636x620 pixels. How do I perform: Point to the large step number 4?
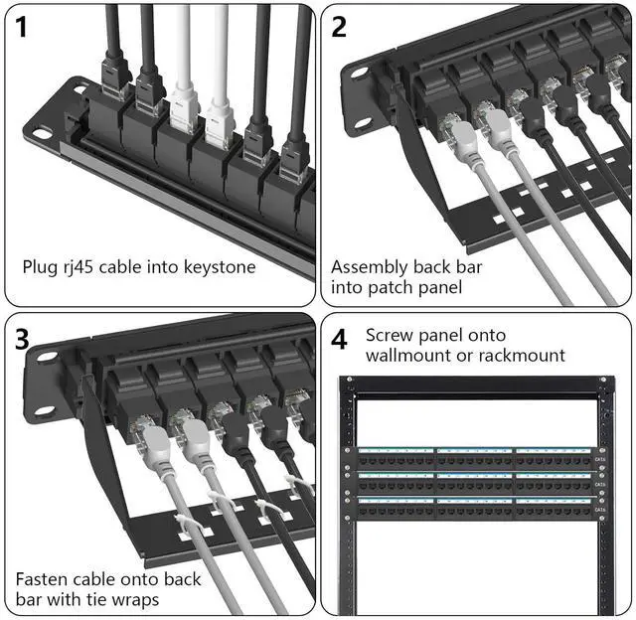point(340,340)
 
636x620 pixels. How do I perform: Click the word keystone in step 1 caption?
point(219,267)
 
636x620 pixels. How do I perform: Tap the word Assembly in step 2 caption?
point(370,267)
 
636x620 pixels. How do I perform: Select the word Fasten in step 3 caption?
point(44,579)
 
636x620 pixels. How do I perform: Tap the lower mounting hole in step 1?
point(41,132)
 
